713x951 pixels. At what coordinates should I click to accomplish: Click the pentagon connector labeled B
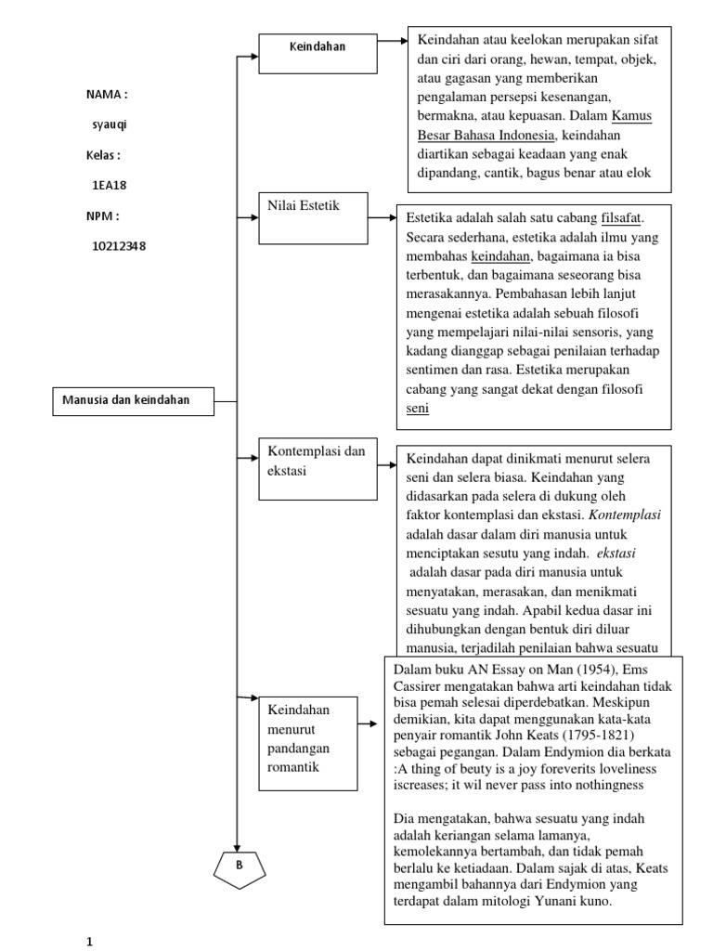pos(239,866)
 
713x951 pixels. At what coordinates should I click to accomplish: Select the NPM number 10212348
pos(118,246)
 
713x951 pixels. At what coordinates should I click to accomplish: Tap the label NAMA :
pos(106,95)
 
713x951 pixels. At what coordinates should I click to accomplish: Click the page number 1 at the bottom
pos(90,940)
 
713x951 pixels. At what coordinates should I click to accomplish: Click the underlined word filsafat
pos(622,217)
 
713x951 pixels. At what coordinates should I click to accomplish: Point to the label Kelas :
pos(103,155)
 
